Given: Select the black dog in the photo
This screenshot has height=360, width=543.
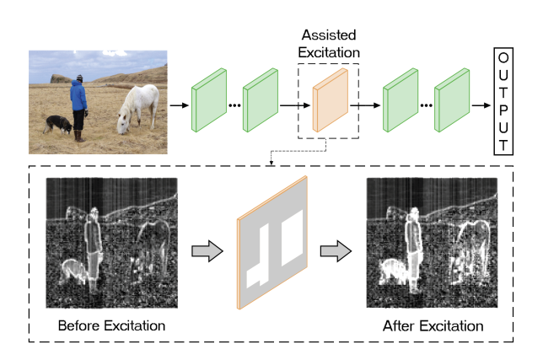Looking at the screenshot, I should click(x=58, y=124).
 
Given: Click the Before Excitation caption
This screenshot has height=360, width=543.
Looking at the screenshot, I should click(x=110, y=325).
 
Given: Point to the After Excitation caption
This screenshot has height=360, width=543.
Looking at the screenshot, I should click(x=433, y=325).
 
